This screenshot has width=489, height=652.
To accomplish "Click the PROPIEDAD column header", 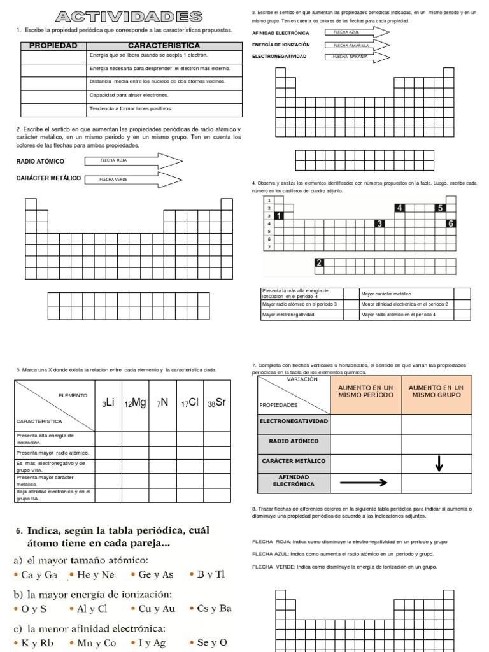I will (54, 46).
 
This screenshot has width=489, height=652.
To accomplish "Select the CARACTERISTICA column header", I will (164, 46).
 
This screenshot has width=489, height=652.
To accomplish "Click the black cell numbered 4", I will (399, 208).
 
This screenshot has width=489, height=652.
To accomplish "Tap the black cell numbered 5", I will (439, 208).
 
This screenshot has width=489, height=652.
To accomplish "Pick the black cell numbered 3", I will (379, 223).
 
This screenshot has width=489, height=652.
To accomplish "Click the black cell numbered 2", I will (319, 262).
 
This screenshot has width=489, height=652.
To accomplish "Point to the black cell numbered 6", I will (451, 223).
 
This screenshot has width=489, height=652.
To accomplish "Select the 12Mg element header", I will (135, 403).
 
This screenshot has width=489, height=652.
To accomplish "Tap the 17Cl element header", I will (190, 403).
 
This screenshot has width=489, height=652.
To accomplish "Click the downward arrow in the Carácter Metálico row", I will (438, 465).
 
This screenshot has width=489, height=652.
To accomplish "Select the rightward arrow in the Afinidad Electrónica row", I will (364, 483).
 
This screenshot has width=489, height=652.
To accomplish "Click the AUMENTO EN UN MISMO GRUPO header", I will (436, 392).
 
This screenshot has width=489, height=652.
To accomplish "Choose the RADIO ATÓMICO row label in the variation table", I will (294, 441).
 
